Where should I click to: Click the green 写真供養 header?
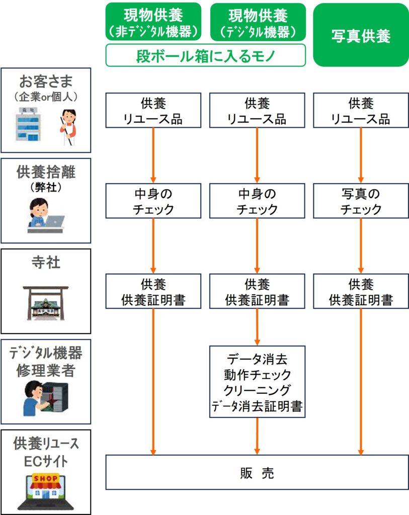[x=361, y=35]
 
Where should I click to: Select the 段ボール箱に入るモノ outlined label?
[x=206, y=55]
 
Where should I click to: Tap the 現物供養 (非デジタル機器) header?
[x=153, y=22]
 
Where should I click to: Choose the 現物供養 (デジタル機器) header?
[x=258, y=22]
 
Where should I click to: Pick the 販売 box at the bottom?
[x=257, y=472]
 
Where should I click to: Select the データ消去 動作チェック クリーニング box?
[x=257, y=381]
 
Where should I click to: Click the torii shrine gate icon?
[x=45, y=303]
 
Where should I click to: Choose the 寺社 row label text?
[x=45, y=262]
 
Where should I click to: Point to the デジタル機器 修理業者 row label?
[x=45, y=362]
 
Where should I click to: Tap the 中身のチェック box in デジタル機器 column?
[x=257, y=201]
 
